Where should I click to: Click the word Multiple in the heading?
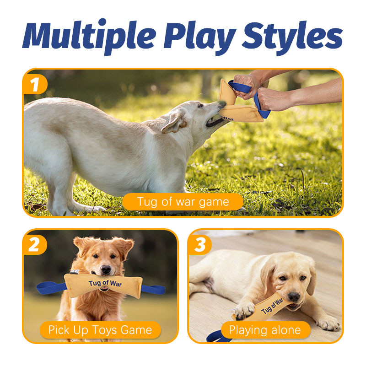tap(89, 36)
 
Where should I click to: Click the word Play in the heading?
tap(200, 38)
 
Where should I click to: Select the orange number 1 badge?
tap(35, 84)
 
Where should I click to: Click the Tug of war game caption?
tap(183, 202)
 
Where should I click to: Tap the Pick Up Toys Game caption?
tap(100, 330)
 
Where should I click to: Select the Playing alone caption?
tap(265, 330)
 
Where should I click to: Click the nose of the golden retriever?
tap(106, 269)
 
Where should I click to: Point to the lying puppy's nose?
tap(294, 296)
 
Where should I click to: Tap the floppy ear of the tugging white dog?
tap(173, 122)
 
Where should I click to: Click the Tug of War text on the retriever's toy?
tap(105, 283)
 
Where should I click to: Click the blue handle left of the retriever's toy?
tap(51, 288)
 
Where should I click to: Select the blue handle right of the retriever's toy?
tap(153, 290)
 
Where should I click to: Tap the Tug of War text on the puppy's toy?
tap(272, 306)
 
